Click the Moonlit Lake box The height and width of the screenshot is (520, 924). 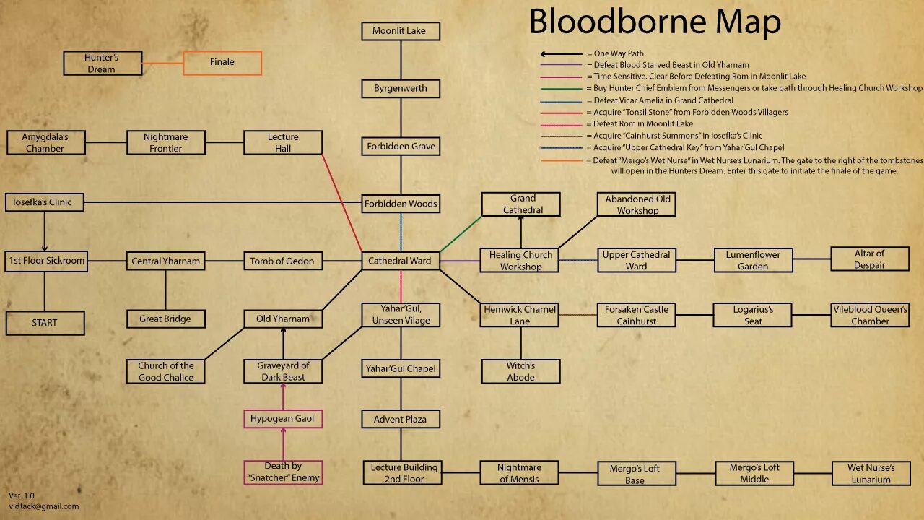click(x=400, y=31)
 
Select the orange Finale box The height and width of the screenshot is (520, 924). click(x=222, y=63)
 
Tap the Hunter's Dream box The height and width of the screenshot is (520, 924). click(x=102, y=64)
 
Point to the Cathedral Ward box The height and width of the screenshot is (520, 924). click(x=400, y=261)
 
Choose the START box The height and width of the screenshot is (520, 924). click(x=45, y=323)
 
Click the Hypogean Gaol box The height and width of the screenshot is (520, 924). click(x=282, y=419)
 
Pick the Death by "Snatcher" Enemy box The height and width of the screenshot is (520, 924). click(x=283, y=472)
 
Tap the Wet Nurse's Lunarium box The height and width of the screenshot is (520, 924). click(x=871, y=474)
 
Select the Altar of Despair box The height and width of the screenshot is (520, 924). click(x=869, y=259)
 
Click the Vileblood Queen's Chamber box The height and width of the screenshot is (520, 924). click(x=870, y=315)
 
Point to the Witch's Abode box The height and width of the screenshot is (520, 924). click(x=520, y=371)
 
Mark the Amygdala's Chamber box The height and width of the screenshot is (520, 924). click(x=45, y=143)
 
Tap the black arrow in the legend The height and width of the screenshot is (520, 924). click(x=561, y=54)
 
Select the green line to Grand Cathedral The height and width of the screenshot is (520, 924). click(x=461, y=234)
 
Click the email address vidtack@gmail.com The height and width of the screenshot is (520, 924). click(x=44, y=506)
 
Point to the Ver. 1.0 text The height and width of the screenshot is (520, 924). click(x=22, y=495)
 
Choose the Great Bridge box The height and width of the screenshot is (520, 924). click(x=166, y=318)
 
